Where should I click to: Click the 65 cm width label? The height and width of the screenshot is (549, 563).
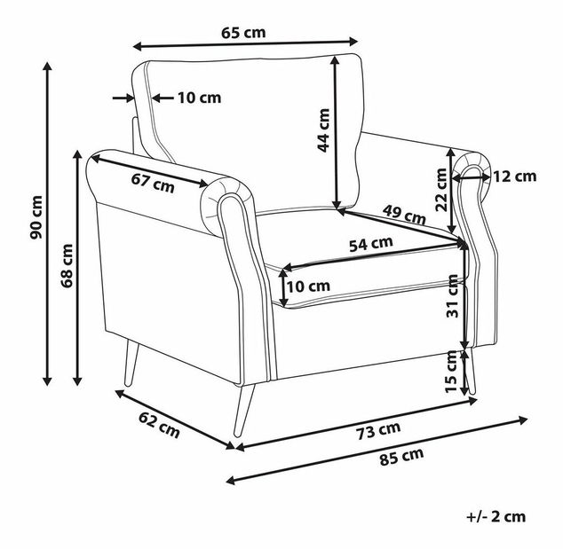[243, 33]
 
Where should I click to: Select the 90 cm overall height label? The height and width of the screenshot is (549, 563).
[36, 217]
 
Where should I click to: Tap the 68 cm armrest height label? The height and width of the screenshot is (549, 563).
[67, 265]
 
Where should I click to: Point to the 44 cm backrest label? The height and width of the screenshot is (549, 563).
[323, 130]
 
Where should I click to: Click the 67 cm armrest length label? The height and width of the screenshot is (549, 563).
[153, 183]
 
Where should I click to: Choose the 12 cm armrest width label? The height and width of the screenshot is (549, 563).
[515, 176]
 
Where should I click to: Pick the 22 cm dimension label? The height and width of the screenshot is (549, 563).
[441, 190]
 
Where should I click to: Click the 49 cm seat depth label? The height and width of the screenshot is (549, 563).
[403, 214]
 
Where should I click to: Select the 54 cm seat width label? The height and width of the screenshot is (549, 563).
[371, 244]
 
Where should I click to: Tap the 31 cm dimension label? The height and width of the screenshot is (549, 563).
[452, 296]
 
